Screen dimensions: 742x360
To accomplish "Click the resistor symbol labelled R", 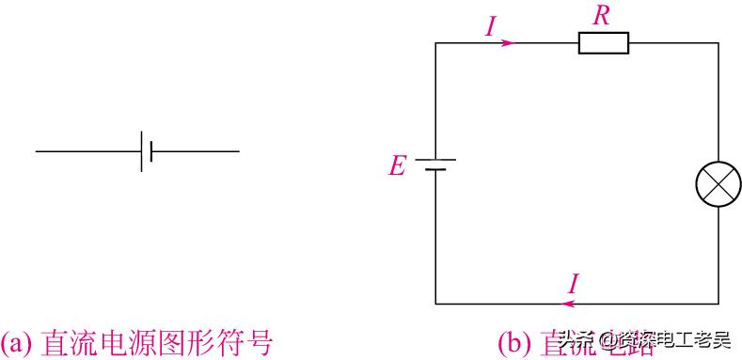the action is [603, 43].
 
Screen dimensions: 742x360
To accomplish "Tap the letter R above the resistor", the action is [603, 14].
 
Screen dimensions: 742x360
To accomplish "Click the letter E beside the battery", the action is [397, 167].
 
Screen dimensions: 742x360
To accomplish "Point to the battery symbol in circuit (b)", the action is [435, 165].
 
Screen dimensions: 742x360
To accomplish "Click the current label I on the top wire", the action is [490, 26].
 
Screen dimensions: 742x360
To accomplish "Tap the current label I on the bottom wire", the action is [575, 284].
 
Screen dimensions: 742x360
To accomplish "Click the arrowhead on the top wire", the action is [508, 43].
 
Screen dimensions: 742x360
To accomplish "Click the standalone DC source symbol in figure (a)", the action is [146, 150].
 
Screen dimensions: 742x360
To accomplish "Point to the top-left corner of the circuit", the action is [435, 43].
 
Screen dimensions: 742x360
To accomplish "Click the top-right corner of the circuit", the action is [718, 43].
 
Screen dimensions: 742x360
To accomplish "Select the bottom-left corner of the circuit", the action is [435, 303].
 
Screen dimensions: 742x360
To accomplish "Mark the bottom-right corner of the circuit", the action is [718, 303].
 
